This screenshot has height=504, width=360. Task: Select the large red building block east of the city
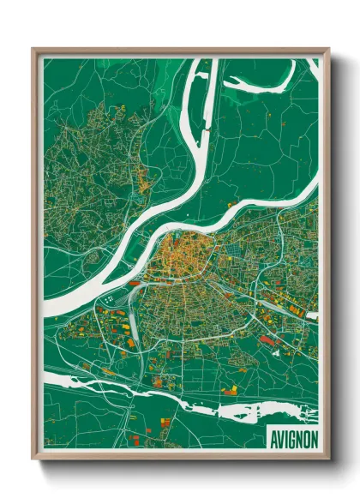coord(268,340)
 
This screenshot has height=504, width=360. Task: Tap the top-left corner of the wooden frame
coord(33,50)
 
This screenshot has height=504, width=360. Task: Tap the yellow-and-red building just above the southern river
coord(230,390)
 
